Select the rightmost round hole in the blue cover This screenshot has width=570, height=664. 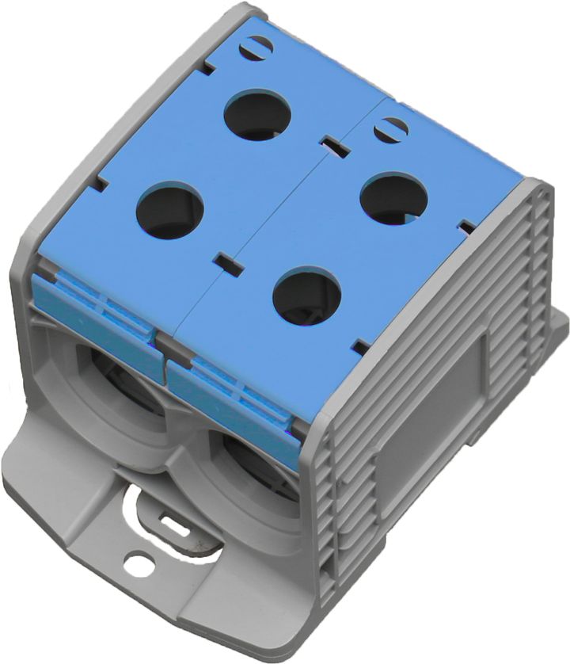pyautogui.click(x=393, y=198)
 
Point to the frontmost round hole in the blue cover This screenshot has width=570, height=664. pyautogui.click(x=307, y=296)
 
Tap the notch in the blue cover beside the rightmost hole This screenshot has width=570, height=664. pyautogui.click(x=468, y=228)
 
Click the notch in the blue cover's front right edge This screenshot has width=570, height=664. pyautogui.click(x=360, y=346)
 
